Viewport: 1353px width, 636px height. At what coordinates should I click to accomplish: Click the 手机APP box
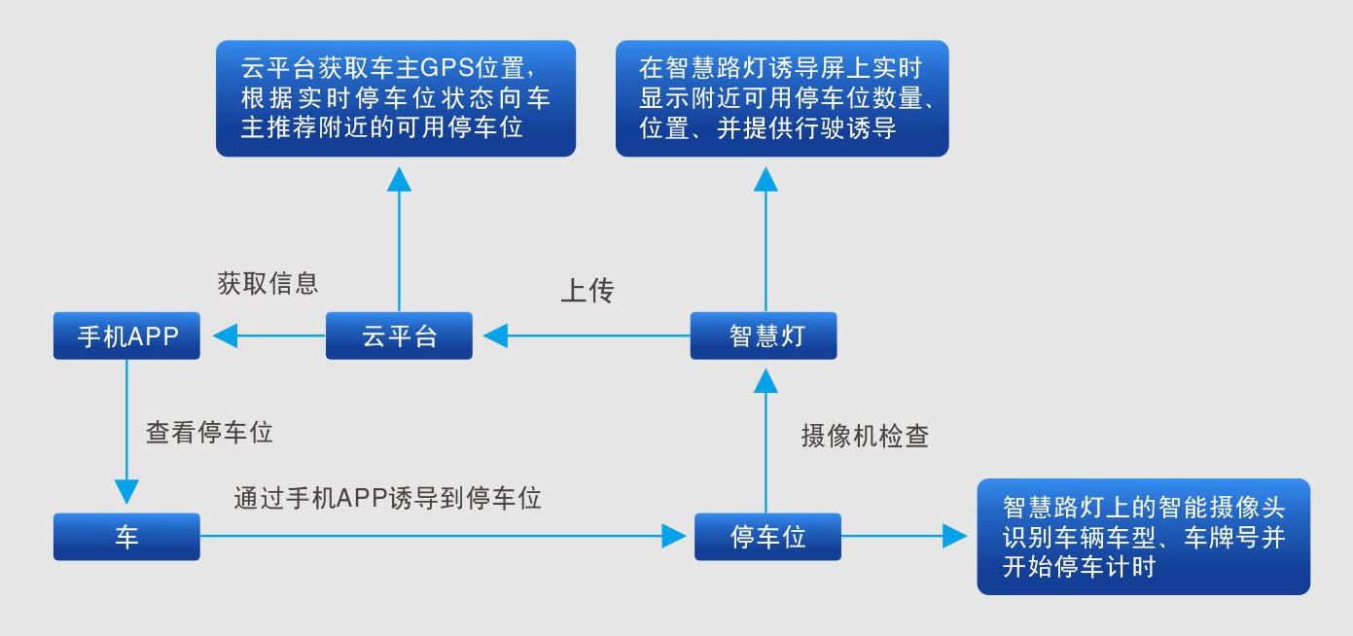coord(126,336)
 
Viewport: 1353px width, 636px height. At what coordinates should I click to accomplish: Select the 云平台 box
coord(399,336)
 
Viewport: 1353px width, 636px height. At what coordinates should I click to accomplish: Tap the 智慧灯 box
coord(764,336)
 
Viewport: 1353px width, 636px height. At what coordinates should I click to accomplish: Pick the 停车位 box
coord(767,536)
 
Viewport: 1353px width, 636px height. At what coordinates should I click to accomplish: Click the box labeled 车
coord(126,537)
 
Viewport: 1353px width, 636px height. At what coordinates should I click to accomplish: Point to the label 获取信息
coord(267,283)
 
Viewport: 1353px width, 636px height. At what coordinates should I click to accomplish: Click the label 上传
coord(587,291)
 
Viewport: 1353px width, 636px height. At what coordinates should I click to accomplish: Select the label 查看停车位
coord(209,433)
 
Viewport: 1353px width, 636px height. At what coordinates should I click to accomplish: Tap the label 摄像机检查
coord(865,436)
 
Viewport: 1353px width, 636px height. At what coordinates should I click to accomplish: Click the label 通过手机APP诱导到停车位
coord(387,499)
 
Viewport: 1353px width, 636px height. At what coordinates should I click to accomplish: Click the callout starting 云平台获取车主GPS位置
coord(395,98)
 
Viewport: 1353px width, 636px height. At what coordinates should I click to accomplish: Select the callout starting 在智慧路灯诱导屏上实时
coord(782,98)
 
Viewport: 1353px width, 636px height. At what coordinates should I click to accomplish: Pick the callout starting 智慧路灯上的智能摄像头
coord(1143,536)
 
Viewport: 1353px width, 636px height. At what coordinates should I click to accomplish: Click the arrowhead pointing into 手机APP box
coord(225,336)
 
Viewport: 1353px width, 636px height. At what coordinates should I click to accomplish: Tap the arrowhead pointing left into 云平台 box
coord(495,336)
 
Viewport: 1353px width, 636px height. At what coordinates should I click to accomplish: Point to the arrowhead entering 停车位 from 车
coord(673,536)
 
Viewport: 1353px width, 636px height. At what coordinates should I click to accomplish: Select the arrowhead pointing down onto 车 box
coord(126,491)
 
